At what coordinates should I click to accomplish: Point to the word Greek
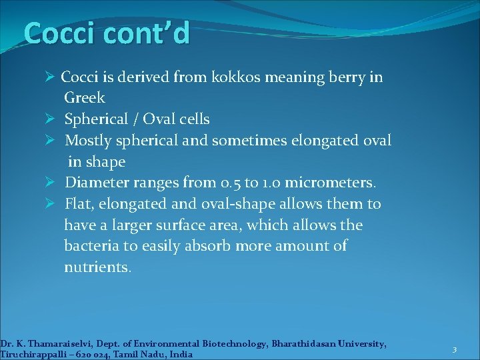85,99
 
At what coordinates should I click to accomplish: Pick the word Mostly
89,141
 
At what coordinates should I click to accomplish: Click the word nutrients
97,267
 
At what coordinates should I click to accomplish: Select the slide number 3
454,350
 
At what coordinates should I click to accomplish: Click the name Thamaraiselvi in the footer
54,344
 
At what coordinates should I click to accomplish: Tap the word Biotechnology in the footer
225,344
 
